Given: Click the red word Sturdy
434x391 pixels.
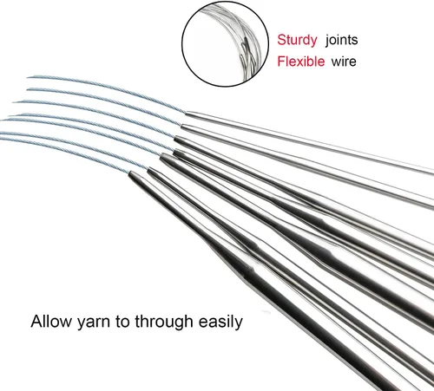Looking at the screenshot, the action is coord(297,40).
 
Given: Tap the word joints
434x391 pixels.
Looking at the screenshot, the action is coord(341,40).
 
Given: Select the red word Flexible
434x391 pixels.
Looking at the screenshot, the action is coord(301,62).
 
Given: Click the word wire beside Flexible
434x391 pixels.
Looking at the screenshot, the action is coord(344,62).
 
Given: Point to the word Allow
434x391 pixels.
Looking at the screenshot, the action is coord(50,321).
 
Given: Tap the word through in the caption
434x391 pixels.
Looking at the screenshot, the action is coord(164,322).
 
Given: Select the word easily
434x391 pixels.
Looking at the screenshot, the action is coord(220,322).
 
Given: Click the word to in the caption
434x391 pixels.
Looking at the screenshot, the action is coord(122,322).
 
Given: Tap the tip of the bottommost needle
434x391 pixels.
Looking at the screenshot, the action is coord(129,173).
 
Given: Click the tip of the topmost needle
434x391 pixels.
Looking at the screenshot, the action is coord(186,113).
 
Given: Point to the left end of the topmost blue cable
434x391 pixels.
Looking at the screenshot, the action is coord(28,77).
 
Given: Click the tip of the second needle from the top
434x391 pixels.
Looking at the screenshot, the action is coord(181,126).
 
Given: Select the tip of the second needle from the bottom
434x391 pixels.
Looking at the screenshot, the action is coord(148,169).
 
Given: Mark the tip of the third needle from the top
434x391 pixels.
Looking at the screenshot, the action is coord(174,139).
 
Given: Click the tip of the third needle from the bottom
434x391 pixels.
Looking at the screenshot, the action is coord(161,155).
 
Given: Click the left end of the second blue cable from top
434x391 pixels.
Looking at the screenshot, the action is coord(28,89).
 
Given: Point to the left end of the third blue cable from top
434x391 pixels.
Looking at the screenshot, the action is coord(14,101).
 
